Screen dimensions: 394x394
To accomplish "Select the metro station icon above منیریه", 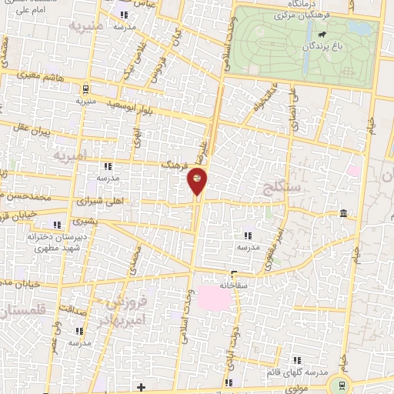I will coord(85,87).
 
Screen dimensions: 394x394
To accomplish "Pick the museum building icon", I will coord(342,213).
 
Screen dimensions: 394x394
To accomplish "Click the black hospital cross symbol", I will coord(140,386).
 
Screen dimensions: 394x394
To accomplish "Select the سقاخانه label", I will coord(233,284).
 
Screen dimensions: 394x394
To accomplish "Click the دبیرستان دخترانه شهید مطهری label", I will coord(55,242).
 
